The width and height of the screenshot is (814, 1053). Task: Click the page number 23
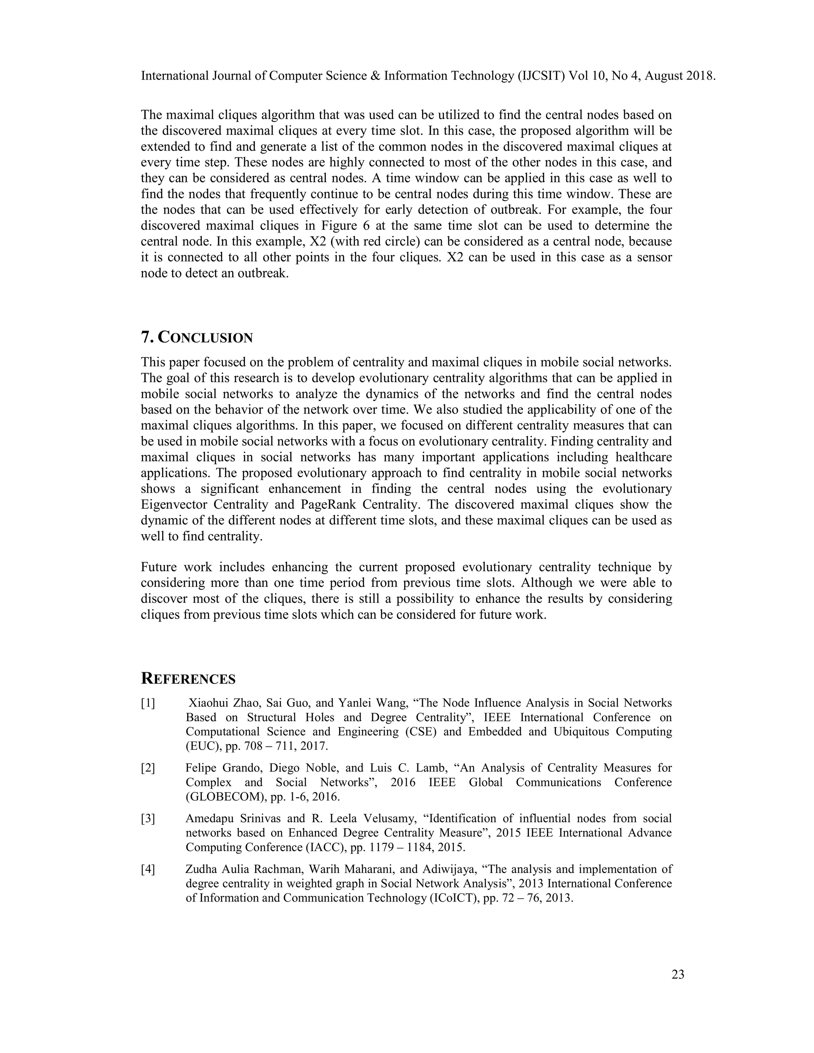(x=678, y=975)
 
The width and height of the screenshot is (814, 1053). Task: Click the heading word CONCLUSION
(x=205, y=337)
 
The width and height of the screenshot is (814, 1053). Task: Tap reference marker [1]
(x=148, y=703)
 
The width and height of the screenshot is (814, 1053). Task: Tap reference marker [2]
(x=148, y=768)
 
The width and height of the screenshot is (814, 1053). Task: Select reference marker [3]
(x=148, y=819)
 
